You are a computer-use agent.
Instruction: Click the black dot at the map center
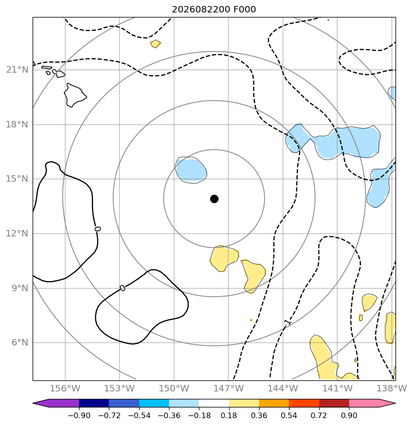[214, 199]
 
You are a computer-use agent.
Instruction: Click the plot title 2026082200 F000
[214, 10]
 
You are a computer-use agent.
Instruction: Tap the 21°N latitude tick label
[17, 70]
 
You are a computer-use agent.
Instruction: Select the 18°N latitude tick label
[17, 124]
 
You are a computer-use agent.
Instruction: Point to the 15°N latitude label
[17, 179]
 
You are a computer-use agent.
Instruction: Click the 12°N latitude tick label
[17, 233]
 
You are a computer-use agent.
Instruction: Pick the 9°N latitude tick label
[20, 288]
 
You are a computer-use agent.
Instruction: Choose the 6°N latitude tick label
[20, 343]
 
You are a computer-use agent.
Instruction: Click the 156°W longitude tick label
[65, 388]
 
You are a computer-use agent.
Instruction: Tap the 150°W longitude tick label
[174, 388]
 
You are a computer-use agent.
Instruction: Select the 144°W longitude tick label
[283, 388]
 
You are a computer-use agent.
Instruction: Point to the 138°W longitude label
[391, 388]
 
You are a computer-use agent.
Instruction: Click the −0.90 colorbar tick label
[79, 415]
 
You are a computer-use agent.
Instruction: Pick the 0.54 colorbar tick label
[289, 415]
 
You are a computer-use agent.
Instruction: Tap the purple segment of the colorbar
[60, 403]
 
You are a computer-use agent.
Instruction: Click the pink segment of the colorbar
[368, 403]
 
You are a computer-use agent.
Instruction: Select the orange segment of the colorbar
[274, 403]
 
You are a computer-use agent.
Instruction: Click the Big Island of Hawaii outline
[75, 95]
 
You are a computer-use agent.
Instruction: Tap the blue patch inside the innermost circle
[191, 170]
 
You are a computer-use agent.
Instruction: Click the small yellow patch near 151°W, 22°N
[155, 44]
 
